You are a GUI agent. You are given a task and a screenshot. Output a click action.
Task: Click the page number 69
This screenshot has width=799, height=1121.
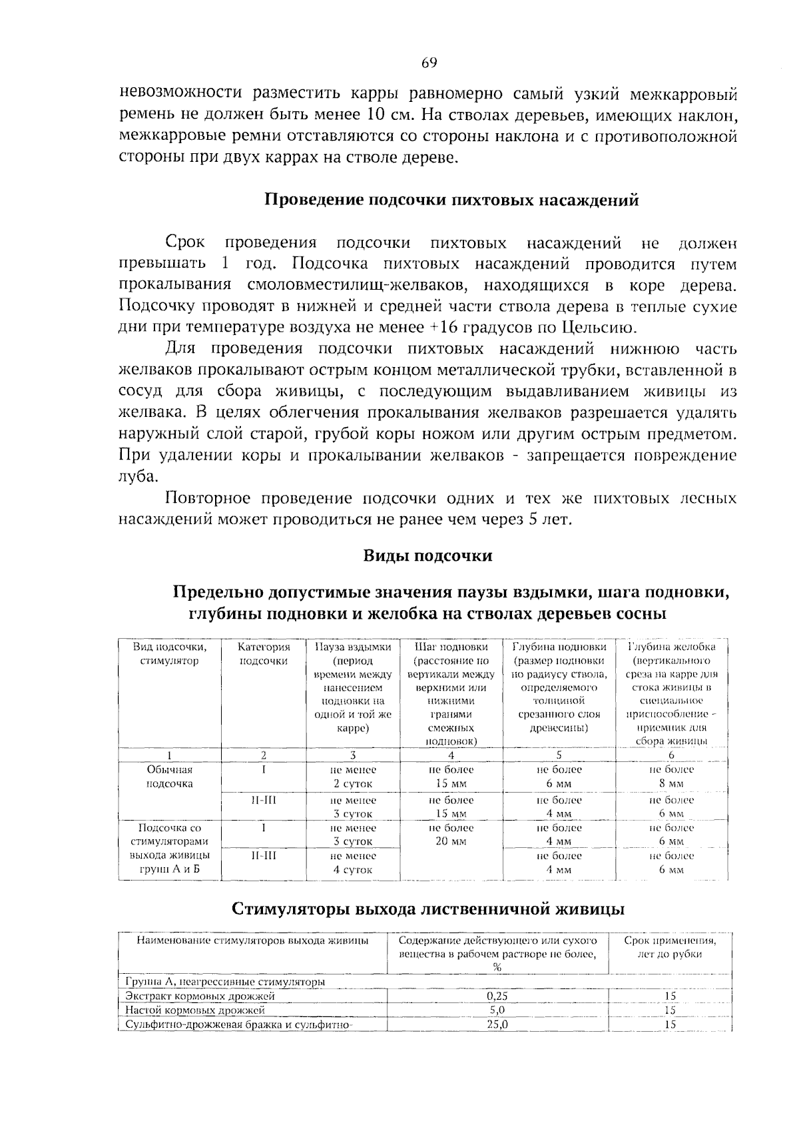click(429, 63)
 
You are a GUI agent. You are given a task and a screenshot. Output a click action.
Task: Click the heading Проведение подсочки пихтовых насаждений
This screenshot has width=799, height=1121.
click(452, 200)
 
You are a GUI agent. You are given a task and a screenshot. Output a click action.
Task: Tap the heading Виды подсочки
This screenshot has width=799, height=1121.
click(427, 556)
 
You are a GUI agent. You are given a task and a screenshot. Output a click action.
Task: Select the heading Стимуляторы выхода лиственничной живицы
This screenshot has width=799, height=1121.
click(427, 909)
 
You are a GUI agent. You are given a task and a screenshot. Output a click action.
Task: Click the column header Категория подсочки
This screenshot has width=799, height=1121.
click(264, 653)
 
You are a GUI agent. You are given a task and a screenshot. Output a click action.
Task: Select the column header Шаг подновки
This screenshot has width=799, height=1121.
click(451, 647)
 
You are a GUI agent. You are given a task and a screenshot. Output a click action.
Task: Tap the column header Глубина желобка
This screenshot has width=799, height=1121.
click(671, 647)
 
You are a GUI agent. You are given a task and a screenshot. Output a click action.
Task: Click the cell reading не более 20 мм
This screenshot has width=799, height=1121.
click(451, 835)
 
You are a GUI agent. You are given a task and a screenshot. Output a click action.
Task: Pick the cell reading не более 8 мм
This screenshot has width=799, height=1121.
click(671, 777)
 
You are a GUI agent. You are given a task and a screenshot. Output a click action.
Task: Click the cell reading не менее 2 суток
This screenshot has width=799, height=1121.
click(353, 777)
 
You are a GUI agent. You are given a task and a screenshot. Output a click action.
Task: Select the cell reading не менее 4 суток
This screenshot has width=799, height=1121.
click(353, 863)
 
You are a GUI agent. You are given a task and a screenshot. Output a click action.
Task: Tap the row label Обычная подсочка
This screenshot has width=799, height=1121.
click(170, 777)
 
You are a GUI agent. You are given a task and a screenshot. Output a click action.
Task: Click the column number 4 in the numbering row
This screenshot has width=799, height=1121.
click(451, 755)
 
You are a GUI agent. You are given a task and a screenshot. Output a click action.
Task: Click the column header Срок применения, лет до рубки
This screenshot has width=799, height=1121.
click(670, 947)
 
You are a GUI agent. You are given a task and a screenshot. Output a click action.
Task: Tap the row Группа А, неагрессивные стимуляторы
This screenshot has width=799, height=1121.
click(226, 982)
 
